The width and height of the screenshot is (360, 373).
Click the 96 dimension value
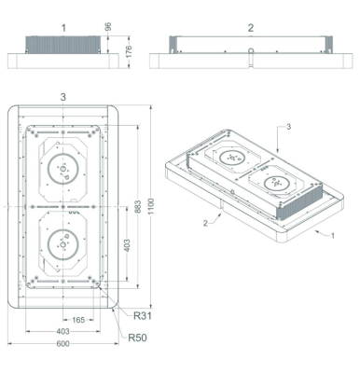click(108, 27)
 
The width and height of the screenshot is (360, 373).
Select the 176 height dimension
click(129, 51)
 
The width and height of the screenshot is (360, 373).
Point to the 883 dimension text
click(139, 206)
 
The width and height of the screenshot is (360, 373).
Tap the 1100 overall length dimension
click(151, 206)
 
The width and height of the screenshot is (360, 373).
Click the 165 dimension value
click(78, 320)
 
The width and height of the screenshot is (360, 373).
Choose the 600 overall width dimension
click(63, 343)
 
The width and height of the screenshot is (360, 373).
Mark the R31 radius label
click(143, 316)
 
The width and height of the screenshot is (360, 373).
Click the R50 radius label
click(137, 338)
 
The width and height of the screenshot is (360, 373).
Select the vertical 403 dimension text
click(128, 245)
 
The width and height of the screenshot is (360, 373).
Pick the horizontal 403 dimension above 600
click(63, 331)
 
